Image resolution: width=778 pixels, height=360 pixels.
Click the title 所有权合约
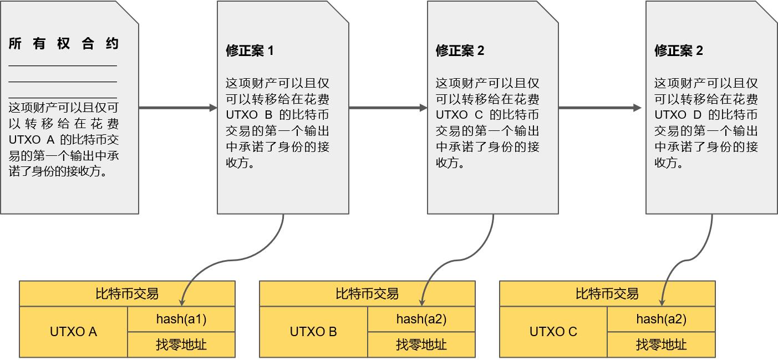pyautogui.click(x=64, y=44)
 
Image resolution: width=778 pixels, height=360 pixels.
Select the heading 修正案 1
pyautogui.click(x=250, y=50)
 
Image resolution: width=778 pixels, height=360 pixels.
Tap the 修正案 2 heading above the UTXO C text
pyautogui.click(x=460, y=50)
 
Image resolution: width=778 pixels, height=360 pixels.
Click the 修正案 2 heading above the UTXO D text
pyautogui.click(x=679, y=50)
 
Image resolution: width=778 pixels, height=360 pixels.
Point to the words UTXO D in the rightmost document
pyautogui.click(x=678, y=115)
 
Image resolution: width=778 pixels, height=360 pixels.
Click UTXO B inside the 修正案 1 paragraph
pyautogui.click(x=249, y=115)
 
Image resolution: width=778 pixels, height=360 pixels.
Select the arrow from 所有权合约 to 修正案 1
pyautogui.click(x=178, y=108)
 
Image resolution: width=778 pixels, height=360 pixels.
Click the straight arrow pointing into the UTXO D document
pyautogui.click(x=600, y=108)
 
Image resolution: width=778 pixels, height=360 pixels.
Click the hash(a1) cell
pyautogui.click(x=181, y=319)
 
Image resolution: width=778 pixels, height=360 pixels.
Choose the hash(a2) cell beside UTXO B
pyautogui.click(x=421, y=319)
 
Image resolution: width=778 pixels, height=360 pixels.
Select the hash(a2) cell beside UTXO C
pyautogui.click(x=662, y=319)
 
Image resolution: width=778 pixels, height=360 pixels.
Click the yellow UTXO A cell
pyautogui.click(x=74, y=332)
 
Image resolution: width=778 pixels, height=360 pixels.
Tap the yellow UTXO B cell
pyautogui.click(x=314, y=332)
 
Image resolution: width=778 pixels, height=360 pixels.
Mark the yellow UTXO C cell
pyautogui.click(x=553, y=332)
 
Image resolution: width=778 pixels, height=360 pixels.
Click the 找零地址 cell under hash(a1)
pyautogui.click(x=181, y=344)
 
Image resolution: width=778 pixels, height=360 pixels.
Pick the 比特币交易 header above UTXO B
pyautogui.click(x=367, y=294)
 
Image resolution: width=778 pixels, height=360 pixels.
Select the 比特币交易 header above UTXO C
pyautogui.click(x=607, y=294)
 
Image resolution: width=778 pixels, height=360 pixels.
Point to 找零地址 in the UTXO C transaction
pyautogui.click(x=662, y=344)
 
